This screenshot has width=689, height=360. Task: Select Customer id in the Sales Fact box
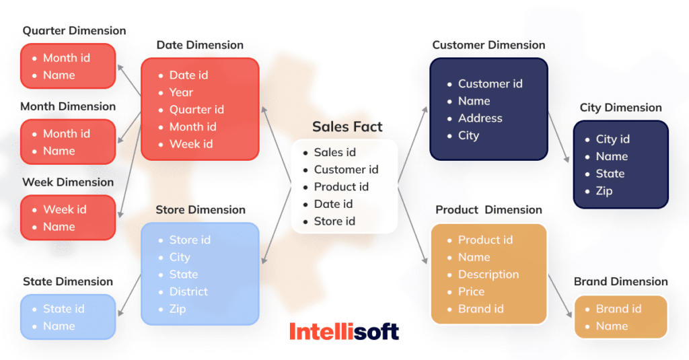[x=346, y=170]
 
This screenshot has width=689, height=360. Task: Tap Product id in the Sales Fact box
[x=341, y=186]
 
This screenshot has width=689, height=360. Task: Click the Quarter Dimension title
[x=74, y=30]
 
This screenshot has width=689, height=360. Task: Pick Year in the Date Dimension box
[x=181, y=92]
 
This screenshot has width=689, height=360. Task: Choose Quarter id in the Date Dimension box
[x=196, y=110]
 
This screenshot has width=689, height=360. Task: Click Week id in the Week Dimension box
[x=65, y=209]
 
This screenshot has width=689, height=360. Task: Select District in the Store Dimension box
[x=188, y=291]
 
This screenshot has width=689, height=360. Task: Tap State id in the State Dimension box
[x=63, y=309]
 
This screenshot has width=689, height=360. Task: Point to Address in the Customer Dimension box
[x=480, y=118]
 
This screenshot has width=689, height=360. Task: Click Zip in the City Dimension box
[x=604, y=190]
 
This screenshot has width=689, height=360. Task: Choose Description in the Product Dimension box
[x=488, y=274]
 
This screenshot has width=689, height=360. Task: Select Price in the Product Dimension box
[x=471, y=291]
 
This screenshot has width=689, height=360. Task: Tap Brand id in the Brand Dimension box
[x=618, y=309]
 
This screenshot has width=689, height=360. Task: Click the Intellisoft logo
[x=344, y=331]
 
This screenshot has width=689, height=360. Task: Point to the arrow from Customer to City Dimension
[x=560, y=138]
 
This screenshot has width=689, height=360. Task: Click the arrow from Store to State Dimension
[x=130, y=295]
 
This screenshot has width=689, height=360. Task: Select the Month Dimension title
[x=68, y=106]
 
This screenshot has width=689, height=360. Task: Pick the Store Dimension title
[x=201, y=210]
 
